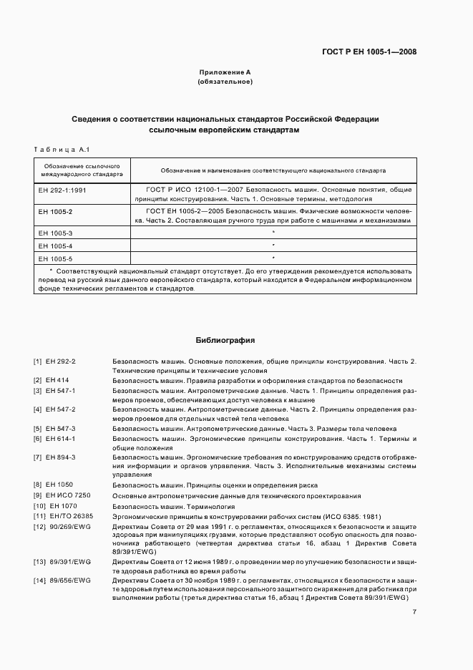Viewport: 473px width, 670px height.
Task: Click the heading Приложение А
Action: coord(225,72)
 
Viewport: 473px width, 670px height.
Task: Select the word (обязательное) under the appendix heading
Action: coord(225,82)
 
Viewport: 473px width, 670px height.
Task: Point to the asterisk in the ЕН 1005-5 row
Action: coord(273,258)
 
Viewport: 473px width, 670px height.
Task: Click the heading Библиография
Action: coord(225,341)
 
